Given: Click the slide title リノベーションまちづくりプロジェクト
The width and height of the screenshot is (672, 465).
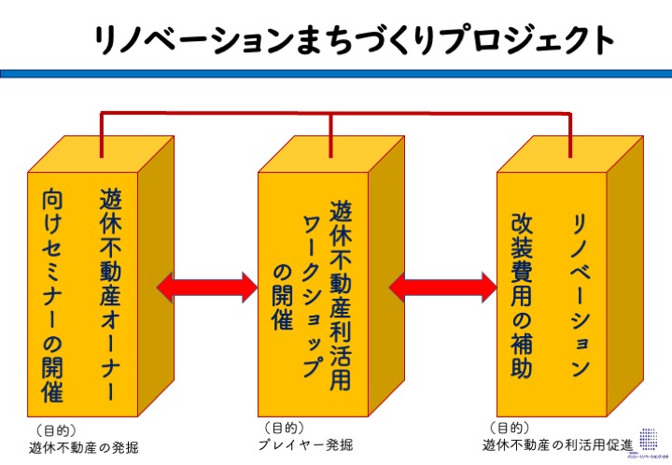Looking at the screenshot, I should (x=355, y=38).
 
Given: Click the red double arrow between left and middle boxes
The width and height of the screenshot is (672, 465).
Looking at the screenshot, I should (x=207, y=287).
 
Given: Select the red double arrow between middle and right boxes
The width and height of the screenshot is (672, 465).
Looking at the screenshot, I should (x=441, y=287).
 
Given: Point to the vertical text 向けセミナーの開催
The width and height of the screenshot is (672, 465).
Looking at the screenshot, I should (x=52, y=296).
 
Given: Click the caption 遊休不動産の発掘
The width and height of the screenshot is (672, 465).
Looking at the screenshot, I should (x=83, y=448).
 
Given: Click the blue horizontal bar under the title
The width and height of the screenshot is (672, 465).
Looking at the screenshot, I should (x=336, y=73).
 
